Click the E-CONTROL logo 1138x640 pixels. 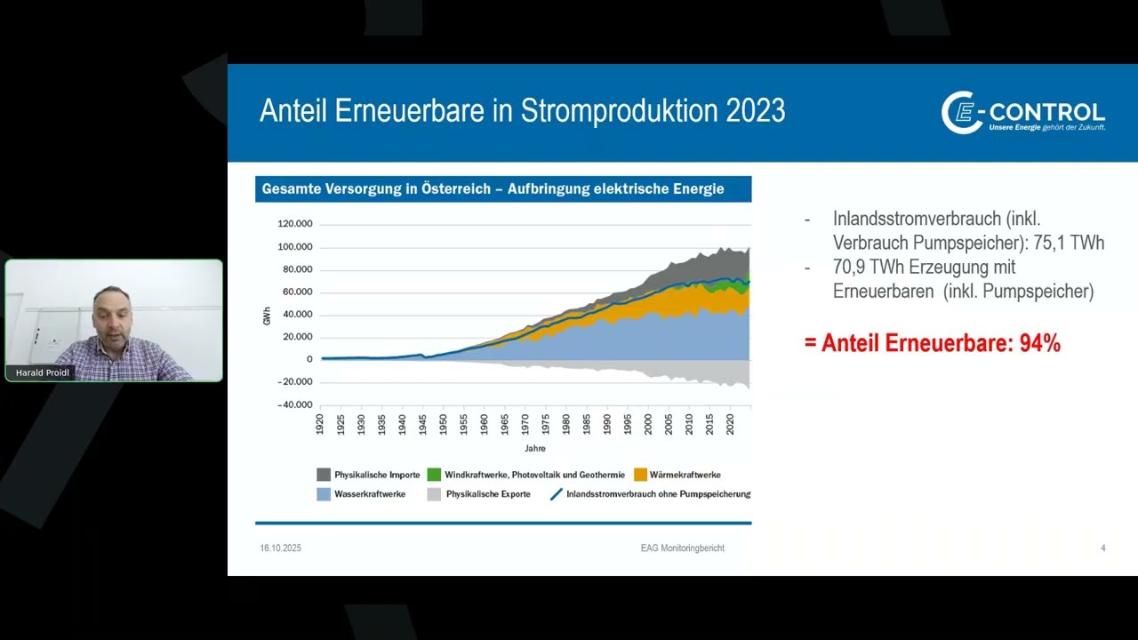1022,113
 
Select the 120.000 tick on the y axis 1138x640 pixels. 295,224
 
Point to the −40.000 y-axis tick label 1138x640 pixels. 294,404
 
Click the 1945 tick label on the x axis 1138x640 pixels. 422,425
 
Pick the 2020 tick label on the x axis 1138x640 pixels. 730,425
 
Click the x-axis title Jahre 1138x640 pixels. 535,449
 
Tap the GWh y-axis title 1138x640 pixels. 268,316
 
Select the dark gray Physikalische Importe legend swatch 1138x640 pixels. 324,475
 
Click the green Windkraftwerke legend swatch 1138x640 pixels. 434,475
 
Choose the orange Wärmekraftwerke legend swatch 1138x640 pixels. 641,475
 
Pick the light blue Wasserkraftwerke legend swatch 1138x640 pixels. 324,494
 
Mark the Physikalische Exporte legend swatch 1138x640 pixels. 434,494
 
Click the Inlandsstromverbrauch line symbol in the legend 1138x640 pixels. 557,494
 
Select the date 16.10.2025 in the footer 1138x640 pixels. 280,548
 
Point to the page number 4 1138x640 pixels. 1103,548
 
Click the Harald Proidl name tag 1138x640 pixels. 42,372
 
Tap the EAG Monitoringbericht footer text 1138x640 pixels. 682,548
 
